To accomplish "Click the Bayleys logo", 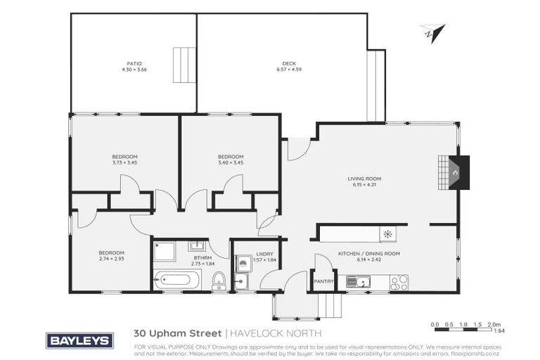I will [79, 341].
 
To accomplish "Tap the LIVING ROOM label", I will [364, 179].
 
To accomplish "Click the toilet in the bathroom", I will [219, 280].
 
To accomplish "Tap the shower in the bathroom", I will [165, 251].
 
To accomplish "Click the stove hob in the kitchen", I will [399, 283].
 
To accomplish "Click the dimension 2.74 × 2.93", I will [111, 259].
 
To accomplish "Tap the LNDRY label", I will [264, 253].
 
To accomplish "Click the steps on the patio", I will [184, 65].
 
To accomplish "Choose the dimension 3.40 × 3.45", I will [230, 162].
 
